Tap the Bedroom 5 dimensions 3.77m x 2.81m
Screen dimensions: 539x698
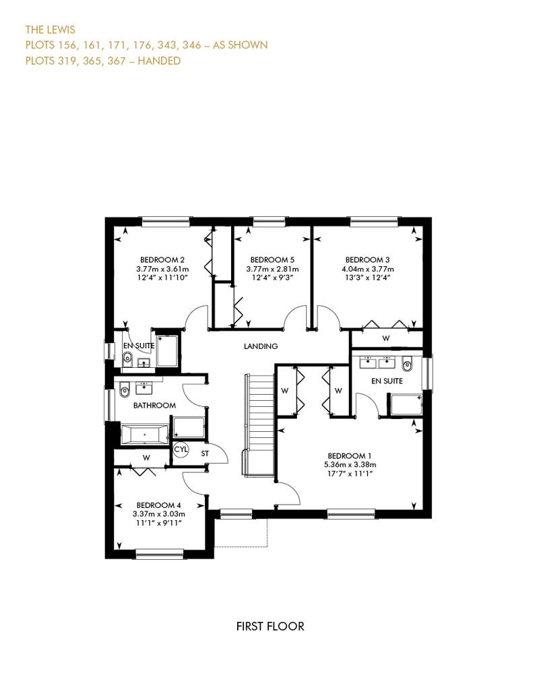pyautogui.click(x=272, y=269)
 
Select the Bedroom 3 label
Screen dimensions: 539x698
pyautogui.click(x=368, y=260)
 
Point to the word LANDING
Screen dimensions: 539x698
pyautogui.click(x=261, y=346)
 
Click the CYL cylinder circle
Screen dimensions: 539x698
pyautogui.click(x=181, y=449)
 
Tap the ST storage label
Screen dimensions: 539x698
pyautogui.click(x=205, y=454)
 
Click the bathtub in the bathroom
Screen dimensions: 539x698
pyautogui.click(x=145, y=435)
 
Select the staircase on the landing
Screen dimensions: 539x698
pyautogui.click(x=259, y=426)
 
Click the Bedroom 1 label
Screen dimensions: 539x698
pyautogui.click(x=350, y=456)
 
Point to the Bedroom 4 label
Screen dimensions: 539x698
pyautogui.click(x=158, y=505)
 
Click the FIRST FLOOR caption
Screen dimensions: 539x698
pyautogui.click(x=270, y=627)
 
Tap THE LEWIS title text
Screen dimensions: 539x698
pyautogui.click(x=51, y=30)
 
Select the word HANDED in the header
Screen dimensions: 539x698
pyautogui.click(x=159, y=61)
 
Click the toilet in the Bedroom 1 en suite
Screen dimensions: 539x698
pyautogui.click(x=407, y=365)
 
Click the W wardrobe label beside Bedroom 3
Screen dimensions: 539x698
pyautogui.click(x=386, y=338)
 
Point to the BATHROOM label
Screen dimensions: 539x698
pyautogui.click(x=154, y=406)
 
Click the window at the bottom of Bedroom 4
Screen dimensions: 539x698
pyautogui.click(x=160, y=554)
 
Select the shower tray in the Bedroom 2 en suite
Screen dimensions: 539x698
pyautogui.click(x=167, y=351)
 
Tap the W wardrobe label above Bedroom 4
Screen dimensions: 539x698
pyautogui.click(x=146, y=457)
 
